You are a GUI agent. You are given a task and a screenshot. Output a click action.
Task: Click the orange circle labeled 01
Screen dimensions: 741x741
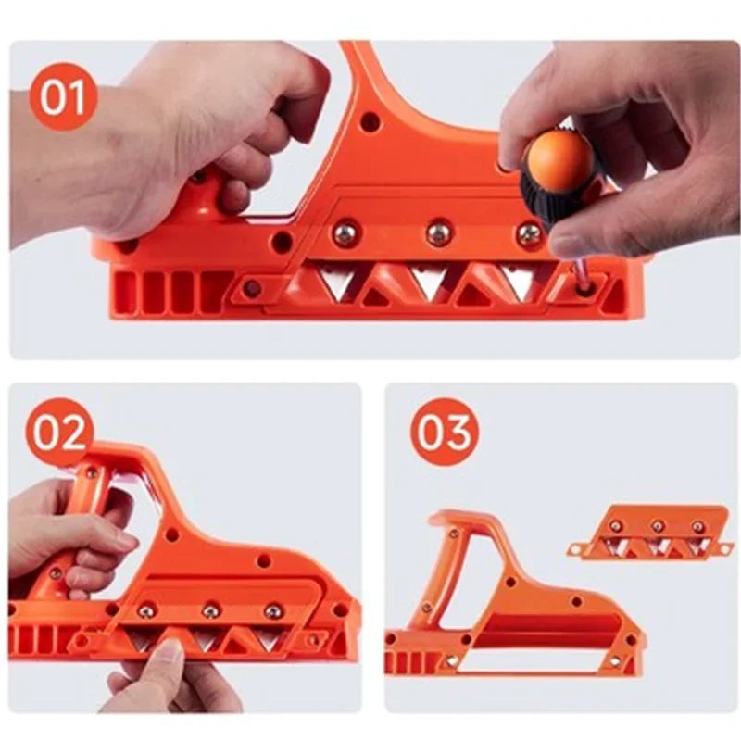pos(64,97)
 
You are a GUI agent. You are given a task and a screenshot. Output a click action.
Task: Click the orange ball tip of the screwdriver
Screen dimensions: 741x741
pos(562,159)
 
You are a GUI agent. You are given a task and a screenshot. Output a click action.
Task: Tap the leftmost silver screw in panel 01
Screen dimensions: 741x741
pos(346,233)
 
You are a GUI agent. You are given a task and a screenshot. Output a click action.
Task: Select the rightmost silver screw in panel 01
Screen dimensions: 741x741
pos(529,232)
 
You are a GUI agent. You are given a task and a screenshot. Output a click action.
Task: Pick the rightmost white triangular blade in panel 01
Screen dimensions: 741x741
pos(519,282)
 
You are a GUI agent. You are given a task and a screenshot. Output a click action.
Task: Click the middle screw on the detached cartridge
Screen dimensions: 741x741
pos(657,526)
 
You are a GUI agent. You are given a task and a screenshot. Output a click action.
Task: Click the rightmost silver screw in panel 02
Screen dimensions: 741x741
pos(273,610)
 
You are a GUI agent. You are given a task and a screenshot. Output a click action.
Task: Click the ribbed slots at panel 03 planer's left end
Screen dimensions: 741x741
pos(408,661)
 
